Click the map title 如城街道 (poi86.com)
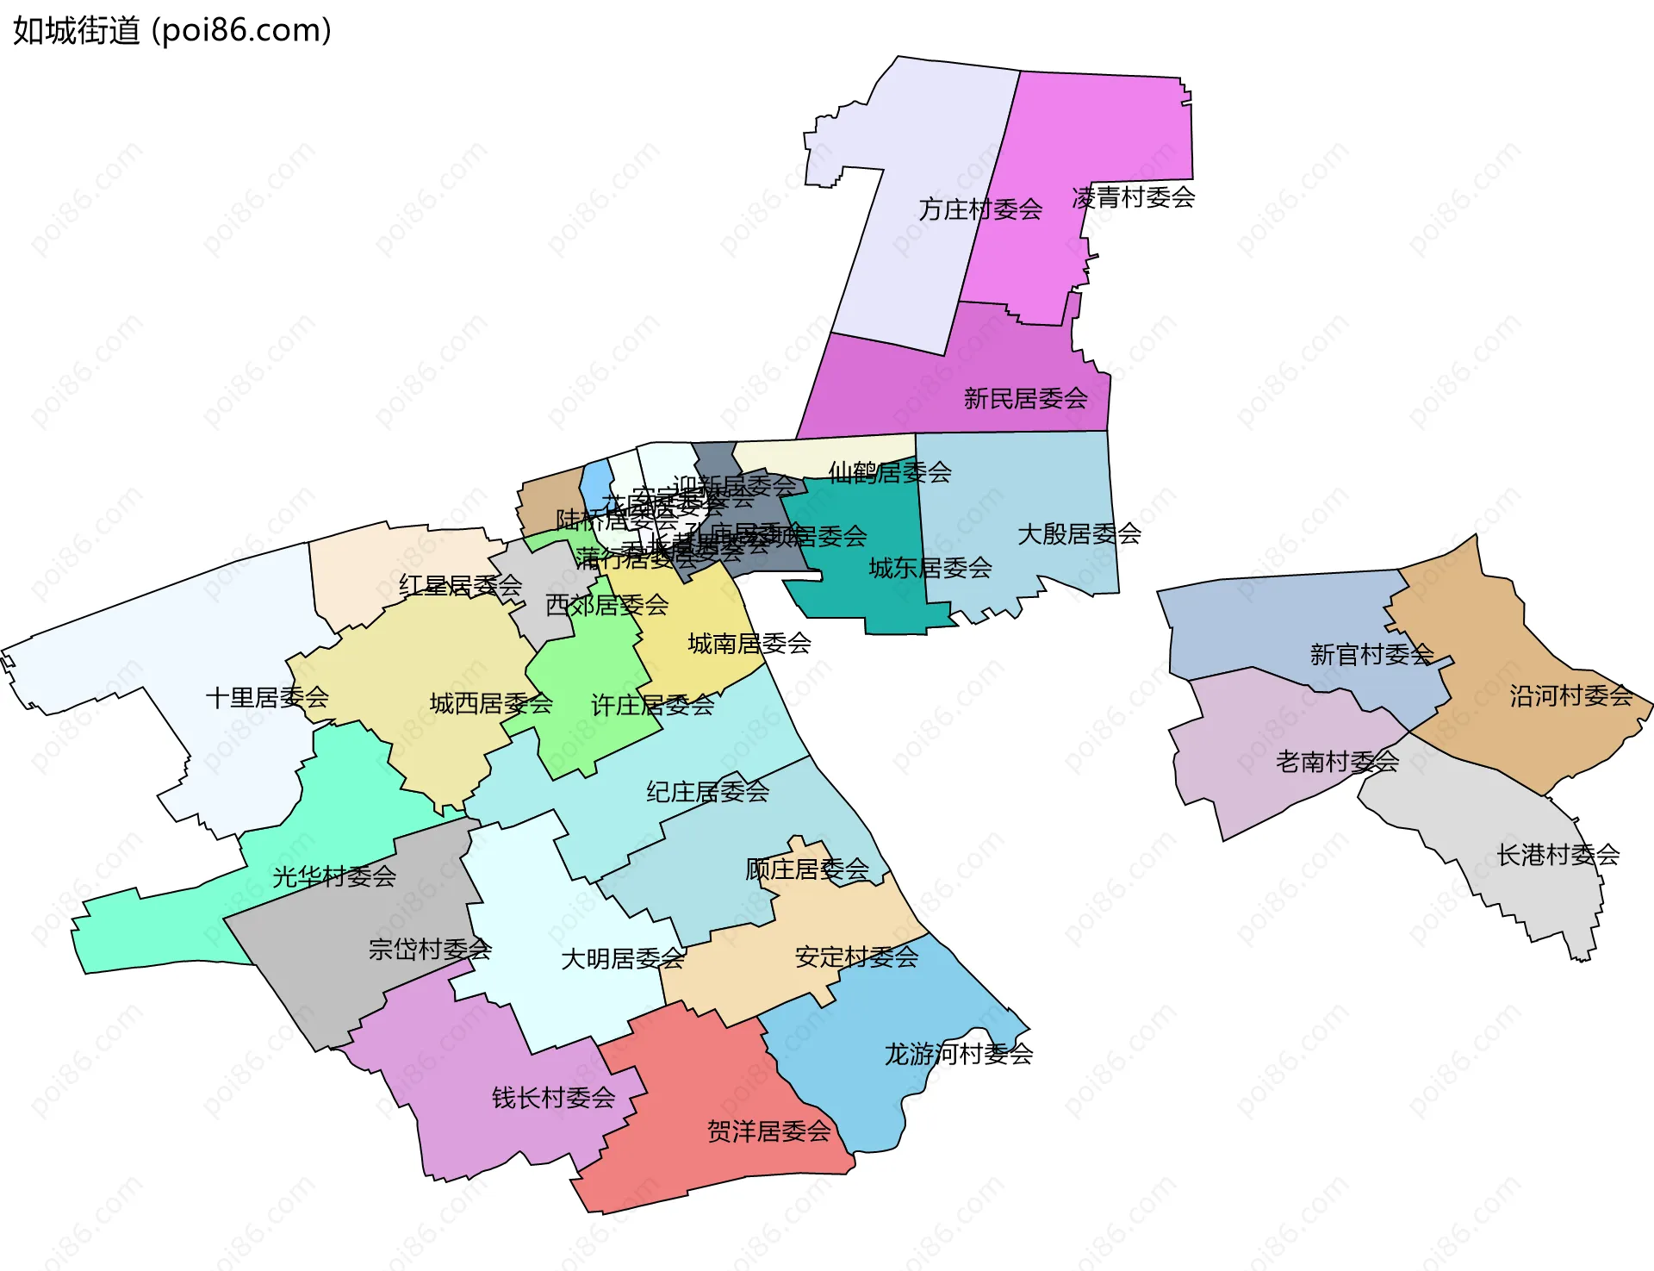[x=172, y=31]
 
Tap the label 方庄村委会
[x=980, y=209]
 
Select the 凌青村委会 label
[x=1134, y=198]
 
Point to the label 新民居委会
[x=1025, y=399]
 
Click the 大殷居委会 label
[x=1079, y=534]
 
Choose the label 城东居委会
[x=930, y=568]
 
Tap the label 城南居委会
[x=749, y=644]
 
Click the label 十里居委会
[x=267, y=697]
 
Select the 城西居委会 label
[x=491, y=704]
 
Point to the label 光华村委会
[x=334, y=877]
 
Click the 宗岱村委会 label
[x=430, y=950]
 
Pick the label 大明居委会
[x=623, y=959]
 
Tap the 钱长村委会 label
[x=553, y=1098]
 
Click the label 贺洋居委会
[x=769, y=1131]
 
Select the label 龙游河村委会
[x=959, y=1054]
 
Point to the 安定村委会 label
[x=856, y=957]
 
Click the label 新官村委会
[x=1371, y=655]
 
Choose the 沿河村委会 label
[x=1571, y=696]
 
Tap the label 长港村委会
[x=1558, y=855]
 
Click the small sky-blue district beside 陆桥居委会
[x=595, y=486]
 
